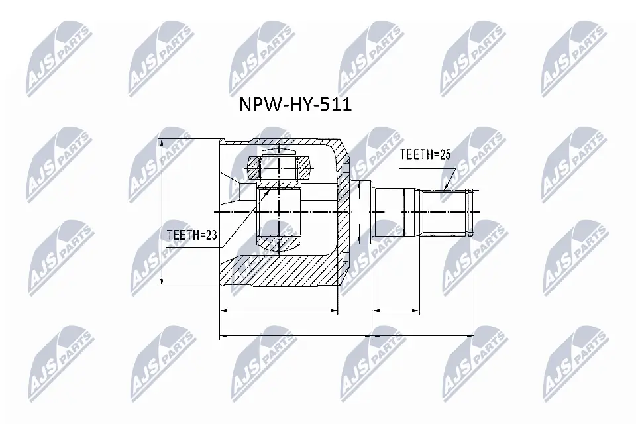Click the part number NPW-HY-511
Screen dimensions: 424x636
pyautogui.click(x=295, y=106)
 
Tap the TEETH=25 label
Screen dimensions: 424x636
pyautogui.click(x=425, y=155)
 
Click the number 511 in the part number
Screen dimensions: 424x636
pyautogui.click(x=337, y=106)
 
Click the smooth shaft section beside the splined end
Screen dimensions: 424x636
pyautogui.click(x=396, y=213)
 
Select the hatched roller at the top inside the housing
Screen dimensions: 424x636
pyautogui.click(x=280, y=167)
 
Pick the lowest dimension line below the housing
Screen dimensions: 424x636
pyautogui.click(x=295, y=335)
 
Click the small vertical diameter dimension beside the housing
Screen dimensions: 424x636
pyautogui.click(x=358, y=212)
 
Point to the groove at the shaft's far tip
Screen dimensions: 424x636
pyautogui.click(x=470, y=212)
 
